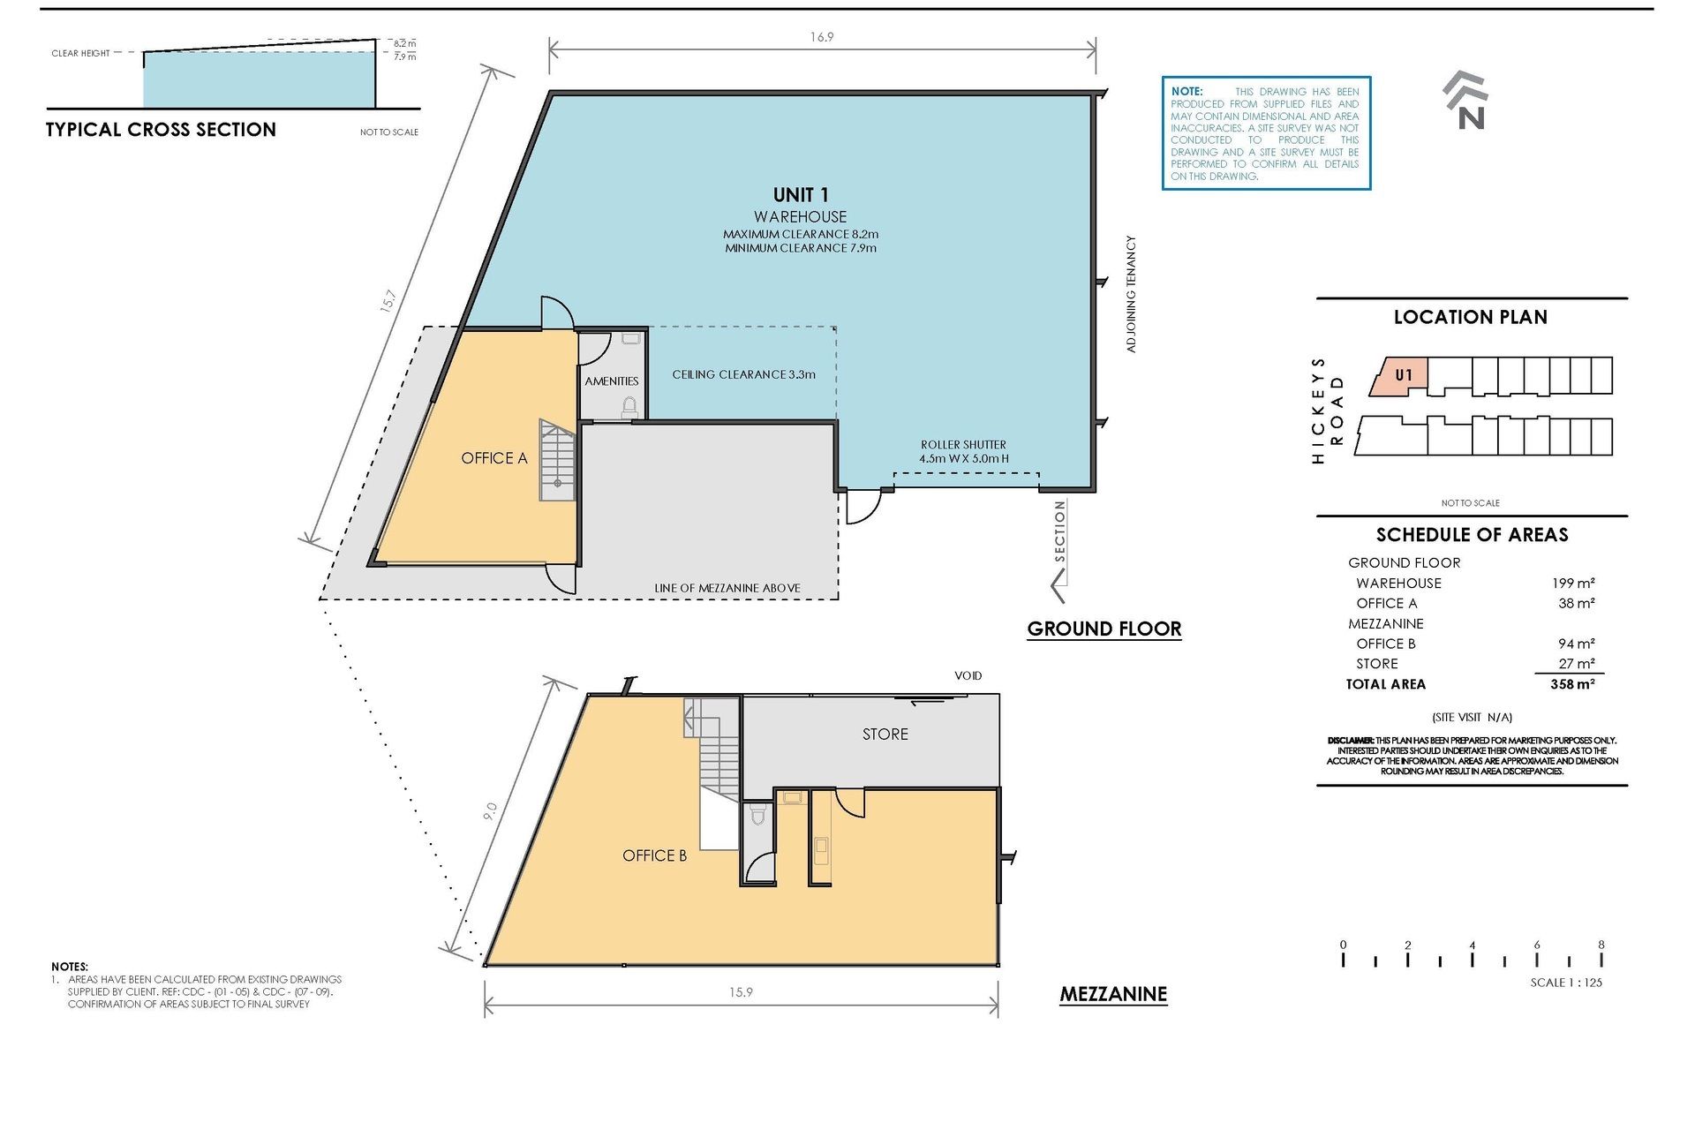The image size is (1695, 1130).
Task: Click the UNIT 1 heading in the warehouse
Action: tap(801, 195)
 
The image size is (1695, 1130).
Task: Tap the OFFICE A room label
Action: tap(494, 458)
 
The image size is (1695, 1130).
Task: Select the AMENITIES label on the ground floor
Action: tap(612, 381)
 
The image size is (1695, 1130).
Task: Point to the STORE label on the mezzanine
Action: tap(885, 734)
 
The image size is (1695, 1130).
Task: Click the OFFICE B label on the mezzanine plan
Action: tap(654, 855)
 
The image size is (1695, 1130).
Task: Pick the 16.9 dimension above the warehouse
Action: tap(822, 37)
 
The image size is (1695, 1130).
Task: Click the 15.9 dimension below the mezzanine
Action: tap(741, 992)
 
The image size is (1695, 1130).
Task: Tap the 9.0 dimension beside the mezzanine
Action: tap(491, 811)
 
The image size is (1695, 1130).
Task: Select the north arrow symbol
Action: tap(1466, 100)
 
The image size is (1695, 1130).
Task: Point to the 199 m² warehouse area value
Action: tap(1573, 584)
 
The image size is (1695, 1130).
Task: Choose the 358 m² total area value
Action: tap(1572, 684)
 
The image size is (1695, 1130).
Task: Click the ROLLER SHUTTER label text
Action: tap(963, 445)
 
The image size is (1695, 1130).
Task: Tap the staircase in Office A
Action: tap(557, 461)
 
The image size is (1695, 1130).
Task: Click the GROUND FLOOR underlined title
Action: tap(1104, 629)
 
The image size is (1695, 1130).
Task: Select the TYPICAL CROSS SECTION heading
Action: tap(161, 130)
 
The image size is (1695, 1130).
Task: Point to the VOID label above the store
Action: tap(968, 676)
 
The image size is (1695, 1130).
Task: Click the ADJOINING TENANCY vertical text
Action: tap(1131, 294)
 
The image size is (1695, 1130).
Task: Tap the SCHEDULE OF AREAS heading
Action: tap(1473, 535)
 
